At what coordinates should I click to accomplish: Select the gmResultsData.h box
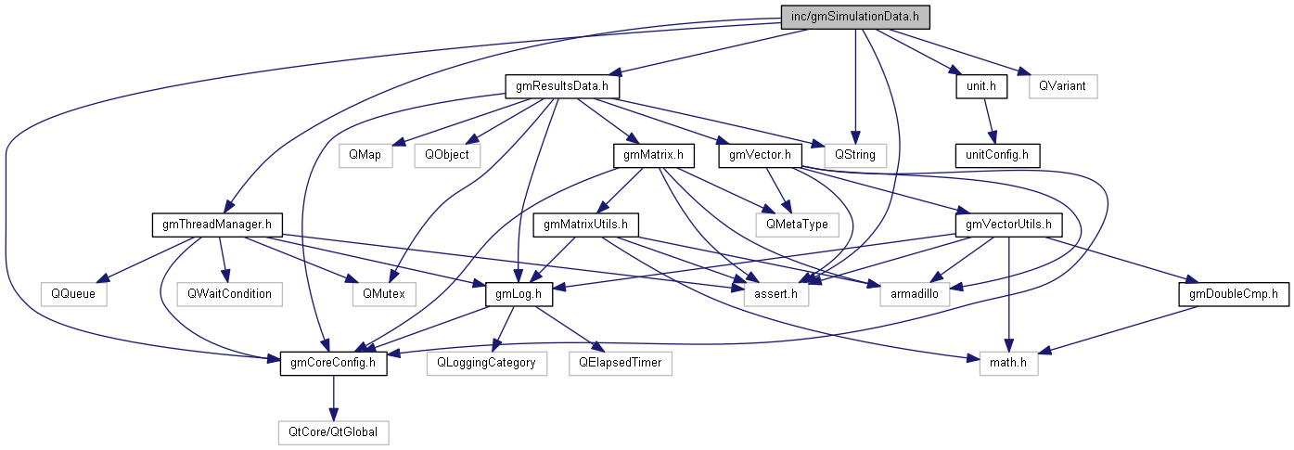tap(562, 86)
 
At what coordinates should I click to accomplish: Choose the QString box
tap(848, 154)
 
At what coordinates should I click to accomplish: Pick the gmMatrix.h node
tap(648, 154)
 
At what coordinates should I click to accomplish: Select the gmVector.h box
tap(760, 154)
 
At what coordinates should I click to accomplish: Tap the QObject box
tap(447, 154)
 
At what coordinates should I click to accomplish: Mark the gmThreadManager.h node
tap(216, 224)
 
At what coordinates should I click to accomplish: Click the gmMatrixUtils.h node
tap(586, 224)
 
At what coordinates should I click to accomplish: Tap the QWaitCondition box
tap(229, 293)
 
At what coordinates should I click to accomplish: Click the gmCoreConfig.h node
tap(333, 363)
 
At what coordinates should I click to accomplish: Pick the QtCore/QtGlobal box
tap(333, 431)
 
